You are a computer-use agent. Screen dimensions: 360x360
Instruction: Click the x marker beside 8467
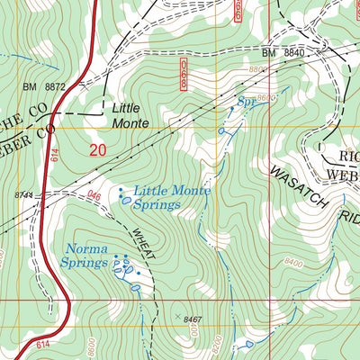point(177,316)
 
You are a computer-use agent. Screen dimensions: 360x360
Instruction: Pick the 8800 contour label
point(258,68)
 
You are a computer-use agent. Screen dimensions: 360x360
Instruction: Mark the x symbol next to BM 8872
point(82,87)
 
